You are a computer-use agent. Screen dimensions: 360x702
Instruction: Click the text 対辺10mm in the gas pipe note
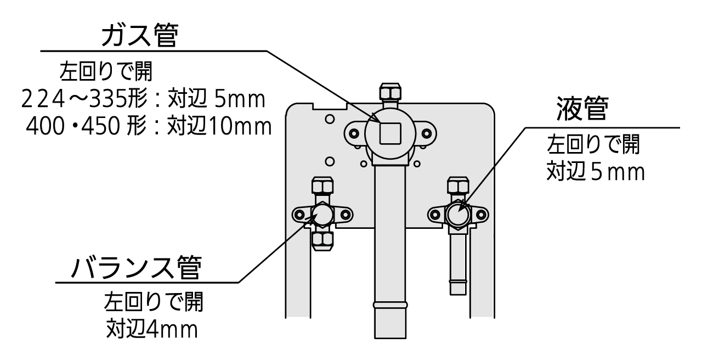tap(219, 127)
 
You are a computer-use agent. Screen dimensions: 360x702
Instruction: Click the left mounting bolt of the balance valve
tap(299, 214)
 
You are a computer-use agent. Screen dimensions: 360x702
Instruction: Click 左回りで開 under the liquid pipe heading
tap(593, 145)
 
